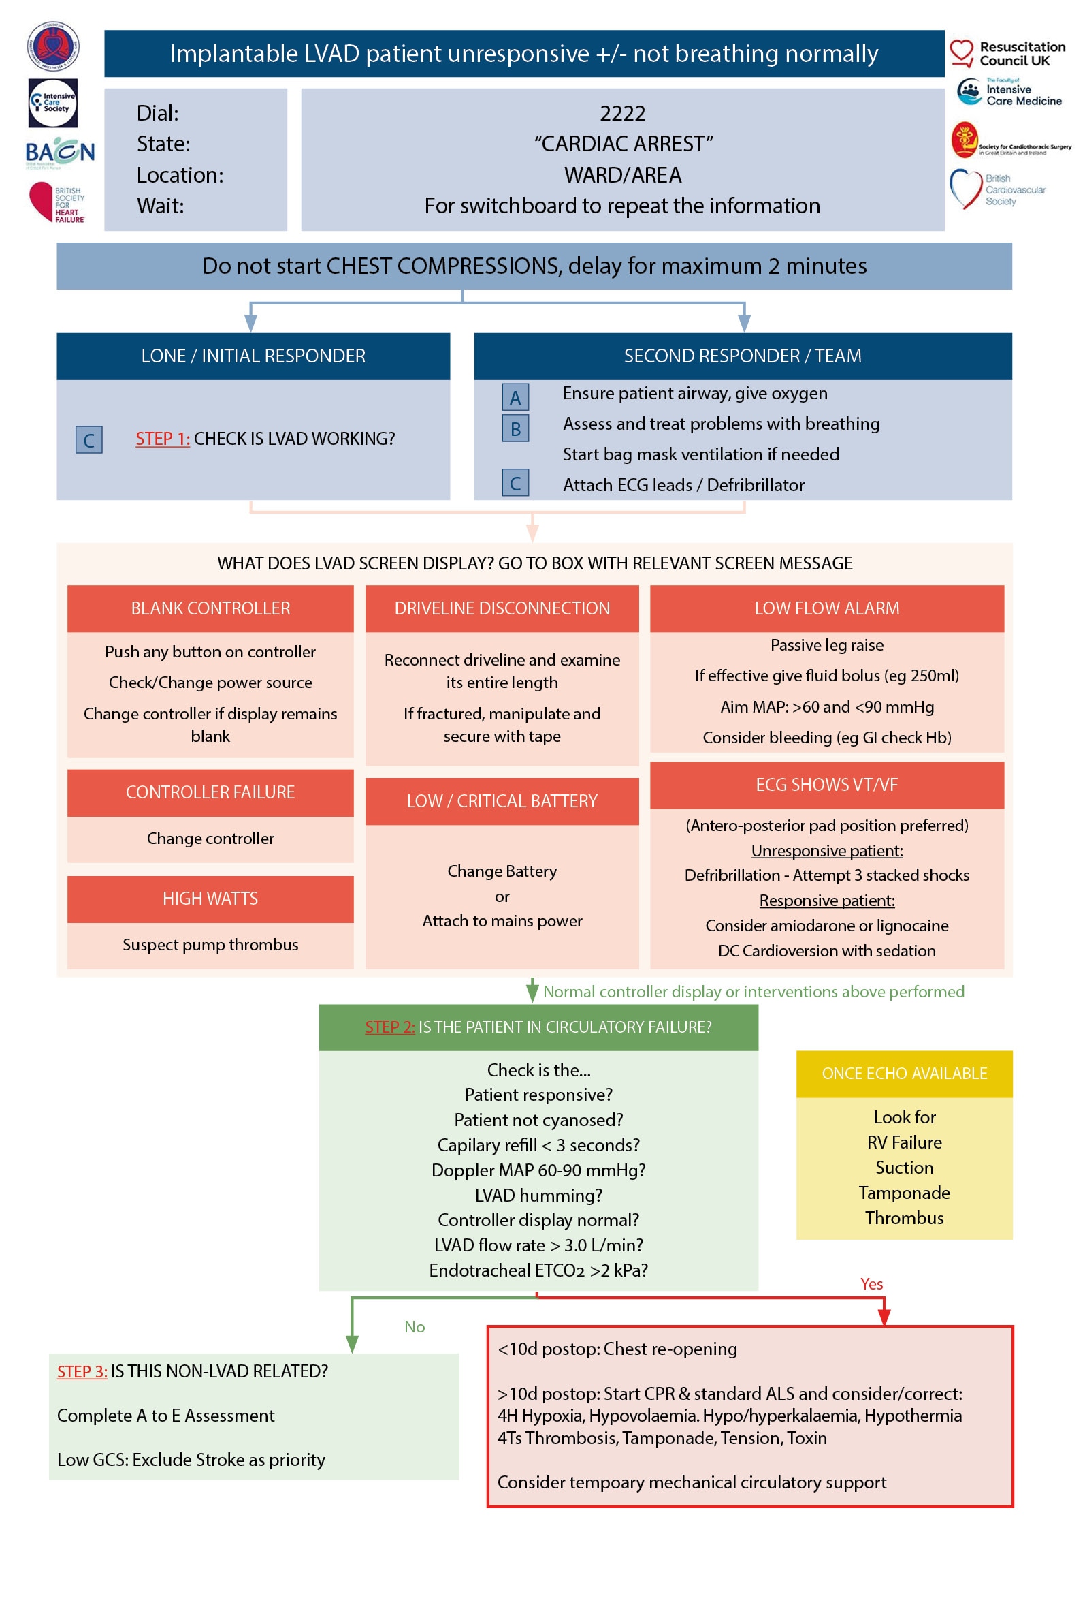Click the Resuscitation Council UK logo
pos(1007,53)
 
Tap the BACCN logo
pos(59,152)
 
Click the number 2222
pos(622,113)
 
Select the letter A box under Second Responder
pos(515,396)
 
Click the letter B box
pos(515,428)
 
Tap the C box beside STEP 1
pos(88,439)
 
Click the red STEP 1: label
pos(162,438)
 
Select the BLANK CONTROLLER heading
pos(210,608)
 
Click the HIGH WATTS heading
pos(210,898)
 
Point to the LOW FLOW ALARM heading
pos(826,608)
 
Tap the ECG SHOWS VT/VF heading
pos(826,785)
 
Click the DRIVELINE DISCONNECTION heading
pos(502,608)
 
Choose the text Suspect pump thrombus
pos(210,944)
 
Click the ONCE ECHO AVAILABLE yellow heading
pos(904,1073)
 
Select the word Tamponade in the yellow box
pos(904,1192)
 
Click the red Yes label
pos(871,1283)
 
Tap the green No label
pos(414,1326)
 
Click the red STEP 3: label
pos(82,1371)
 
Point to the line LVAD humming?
pos(538,1195)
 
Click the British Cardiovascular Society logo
pos(997,189)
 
